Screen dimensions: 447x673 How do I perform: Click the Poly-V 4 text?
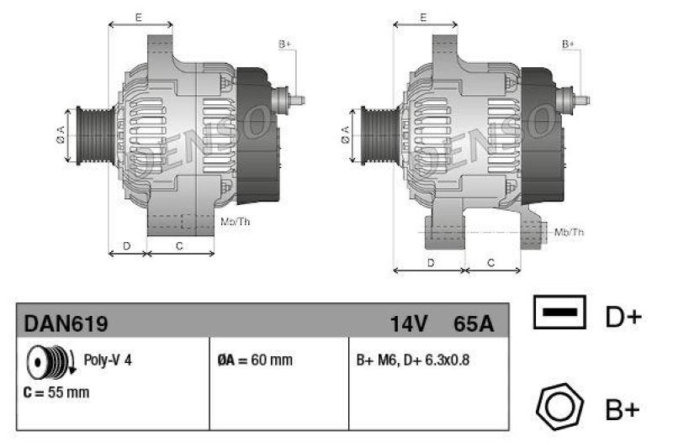pos(108,360)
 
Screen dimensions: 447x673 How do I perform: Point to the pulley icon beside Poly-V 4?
pos(47,362)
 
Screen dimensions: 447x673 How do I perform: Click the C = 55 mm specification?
pos(56,392)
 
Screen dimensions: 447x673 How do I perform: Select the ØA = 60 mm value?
pos(255,360)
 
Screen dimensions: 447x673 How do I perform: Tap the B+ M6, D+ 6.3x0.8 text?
pos(412,360)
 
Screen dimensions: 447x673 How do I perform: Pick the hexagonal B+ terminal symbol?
pos(559,408)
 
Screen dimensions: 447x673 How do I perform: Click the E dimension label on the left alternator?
pos(138,17)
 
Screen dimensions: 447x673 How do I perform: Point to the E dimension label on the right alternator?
pos(423,17)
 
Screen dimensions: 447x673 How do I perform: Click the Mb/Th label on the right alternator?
pos(570,231)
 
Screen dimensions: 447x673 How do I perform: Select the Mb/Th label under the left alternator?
pos(235,222)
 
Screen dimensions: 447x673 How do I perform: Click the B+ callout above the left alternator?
pos(284,43)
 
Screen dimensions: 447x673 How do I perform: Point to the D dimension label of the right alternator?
pos(431,262)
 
